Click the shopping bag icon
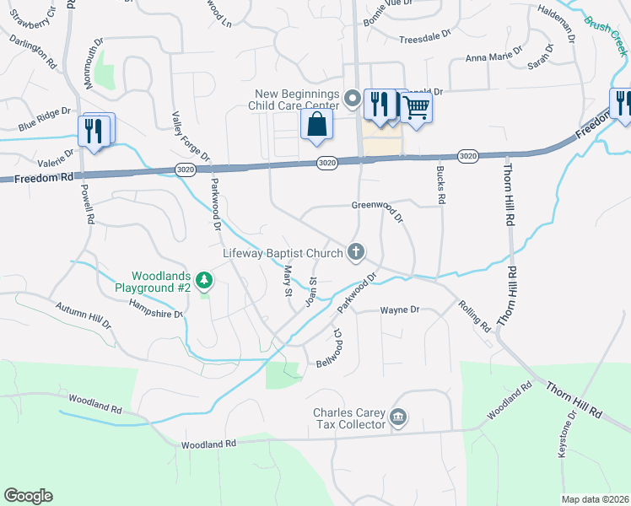[315, 125]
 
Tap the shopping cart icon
[416, 107]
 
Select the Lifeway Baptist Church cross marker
[356, 251]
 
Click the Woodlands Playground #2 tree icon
[202, 279]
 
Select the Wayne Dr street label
[400, 310]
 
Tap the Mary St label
[288, 280]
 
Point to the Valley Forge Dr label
[190, 136]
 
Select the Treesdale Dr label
[427, 40]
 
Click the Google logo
[28, 496]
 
